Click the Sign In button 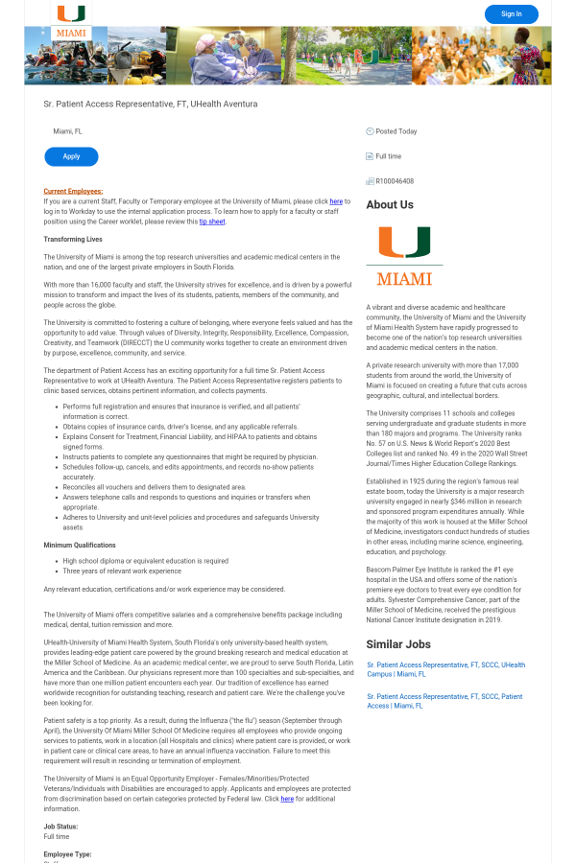coord(511,14)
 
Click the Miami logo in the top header coord(71,22)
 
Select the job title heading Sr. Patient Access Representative coord(151,104)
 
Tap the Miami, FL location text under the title coord(67,131)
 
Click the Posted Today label coord(396,131)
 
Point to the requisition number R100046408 coord(395,181)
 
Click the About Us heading coord(390,204)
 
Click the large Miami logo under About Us coord(404,256)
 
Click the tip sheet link coord(212,222)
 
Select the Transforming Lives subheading coord(73,239)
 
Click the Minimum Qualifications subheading coord(80,545)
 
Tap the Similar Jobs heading coord(398,644)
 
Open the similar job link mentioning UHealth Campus coord(445,669)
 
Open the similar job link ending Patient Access coord(444,701)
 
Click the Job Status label coord(60,827)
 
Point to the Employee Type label coord(67,853)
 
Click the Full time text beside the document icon coord(389,156)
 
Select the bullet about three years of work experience coord(122,571)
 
